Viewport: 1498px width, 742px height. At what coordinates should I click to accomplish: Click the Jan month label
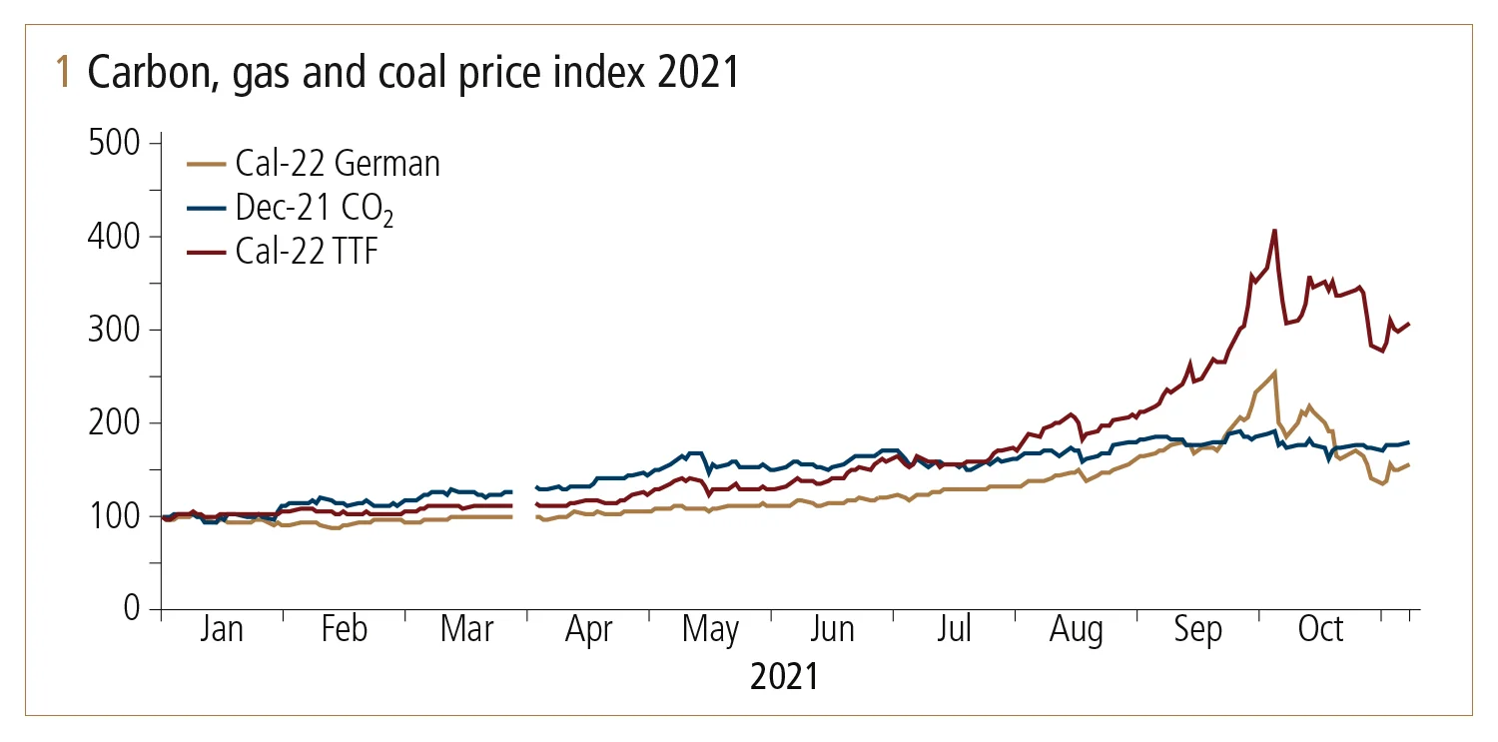click(221, 631)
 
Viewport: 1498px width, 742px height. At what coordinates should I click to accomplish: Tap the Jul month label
click(955, 631)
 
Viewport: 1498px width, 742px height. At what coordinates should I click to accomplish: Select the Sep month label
click(1197, 631)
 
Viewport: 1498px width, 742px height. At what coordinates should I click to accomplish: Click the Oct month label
click(1320, 631)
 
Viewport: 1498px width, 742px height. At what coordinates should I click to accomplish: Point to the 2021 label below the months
click(784, 677)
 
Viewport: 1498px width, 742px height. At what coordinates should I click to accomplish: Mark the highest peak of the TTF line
click(1274, 231)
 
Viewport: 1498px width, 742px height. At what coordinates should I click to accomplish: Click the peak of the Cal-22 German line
click(1274, 372)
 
